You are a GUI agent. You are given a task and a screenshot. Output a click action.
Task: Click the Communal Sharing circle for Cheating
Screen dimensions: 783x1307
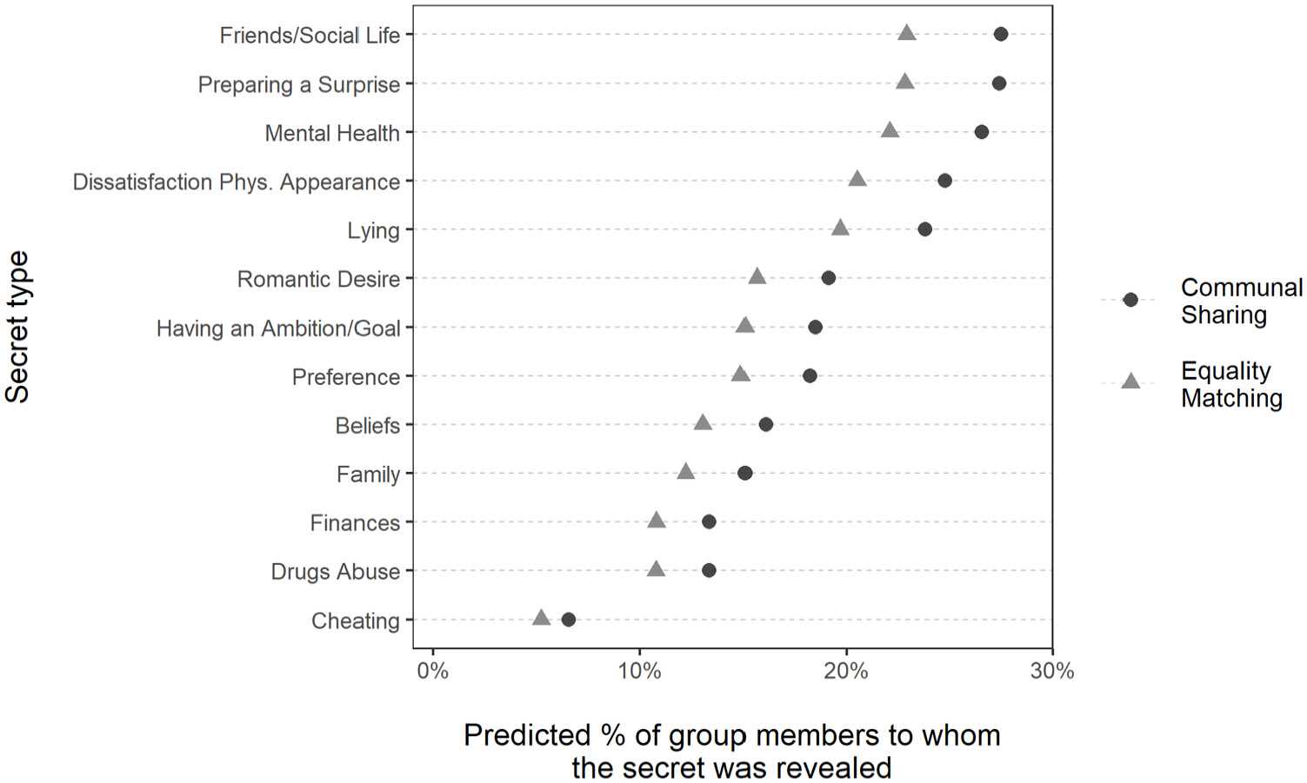tap(568, 620)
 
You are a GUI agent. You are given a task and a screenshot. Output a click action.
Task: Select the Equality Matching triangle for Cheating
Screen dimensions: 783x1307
tap(541, 618)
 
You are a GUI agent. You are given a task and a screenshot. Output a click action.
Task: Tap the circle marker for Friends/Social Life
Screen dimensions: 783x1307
tap(1000, 35)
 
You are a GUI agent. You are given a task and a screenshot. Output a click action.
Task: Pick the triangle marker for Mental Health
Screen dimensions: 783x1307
tap(890, 130)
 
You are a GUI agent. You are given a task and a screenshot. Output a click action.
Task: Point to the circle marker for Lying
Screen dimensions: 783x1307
tap(924, 229)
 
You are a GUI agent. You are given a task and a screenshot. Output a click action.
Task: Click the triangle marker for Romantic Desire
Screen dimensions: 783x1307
tap(757, 276)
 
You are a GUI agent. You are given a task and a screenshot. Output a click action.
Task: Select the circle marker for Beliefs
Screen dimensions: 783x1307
tap(765, 425)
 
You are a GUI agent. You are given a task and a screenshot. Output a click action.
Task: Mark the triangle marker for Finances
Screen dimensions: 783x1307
tap(657, 520)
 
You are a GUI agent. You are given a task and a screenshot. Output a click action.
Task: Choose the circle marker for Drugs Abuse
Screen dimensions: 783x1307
tap(709, 571)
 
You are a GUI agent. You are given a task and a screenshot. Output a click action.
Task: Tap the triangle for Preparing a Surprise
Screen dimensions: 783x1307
tap(904, 82)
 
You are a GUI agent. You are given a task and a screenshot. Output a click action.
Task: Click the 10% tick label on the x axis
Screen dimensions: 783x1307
tap(639, 671)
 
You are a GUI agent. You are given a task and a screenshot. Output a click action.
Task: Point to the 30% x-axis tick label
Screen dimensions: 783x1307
tap(1052, 671)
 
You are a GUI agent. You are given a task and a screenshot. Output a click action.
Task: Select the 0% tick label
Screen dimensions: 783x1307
tap(432, 671)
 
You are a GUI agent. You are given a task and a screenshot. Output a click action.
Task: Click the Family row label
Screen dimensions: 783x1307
tap(368, 474)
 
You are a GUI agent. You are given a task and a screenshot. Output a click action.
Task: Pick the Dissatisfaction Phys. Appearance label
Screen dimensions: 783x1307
tap(236, 182)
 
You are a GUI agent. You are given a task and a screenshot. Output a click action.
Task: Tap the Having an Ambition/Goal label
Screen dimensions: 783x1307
tap(278, 328)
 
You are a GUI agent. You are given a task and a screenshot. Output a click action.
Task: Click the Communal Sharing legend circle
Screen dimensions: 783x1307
tap(1130, 300)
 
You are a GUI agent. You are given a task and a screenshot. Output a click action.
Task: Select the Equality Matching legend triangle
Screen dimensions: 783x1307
tap(1130, 381)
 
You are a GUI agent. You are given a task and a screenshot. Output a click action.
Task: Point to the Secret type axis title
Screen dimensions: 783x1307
tap(17, 327)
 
